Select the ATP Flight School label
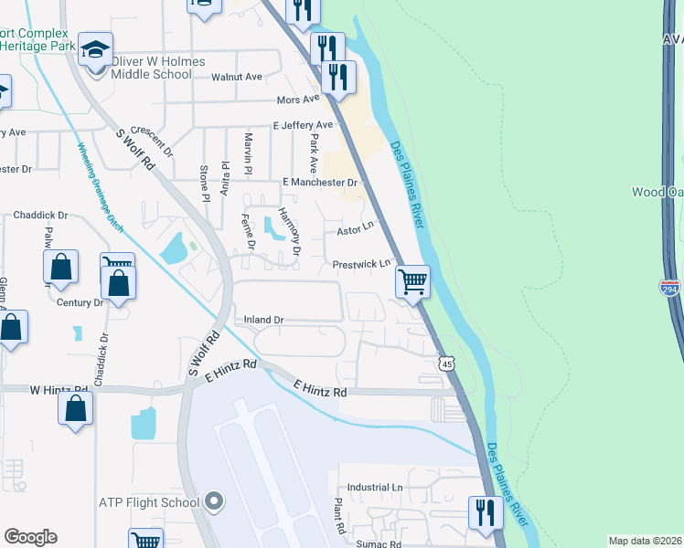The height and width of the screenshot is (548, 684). (149, 502)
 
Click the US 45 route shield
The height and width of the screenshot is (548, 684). (446, 364)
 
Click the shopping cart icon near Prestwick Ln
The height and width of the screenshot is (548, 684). (413, 281)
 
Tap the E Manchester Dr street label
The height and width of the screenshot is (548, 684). (319, 184)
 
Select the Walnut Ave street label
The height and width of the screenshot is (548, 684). (237, 78)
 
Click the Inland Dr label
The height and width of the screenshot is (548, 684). (265, 321)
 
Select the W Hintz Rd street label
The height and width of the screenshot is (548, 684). (59, 390)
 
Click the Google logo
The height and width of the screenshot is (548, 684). (30, 537)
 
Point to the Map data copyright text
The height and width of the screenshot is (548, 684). (645, 541)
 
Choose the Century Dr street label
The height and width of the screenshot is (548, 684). (80, 302)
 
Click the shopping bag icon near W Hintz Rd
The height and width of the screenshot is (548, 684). (75, 407)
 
